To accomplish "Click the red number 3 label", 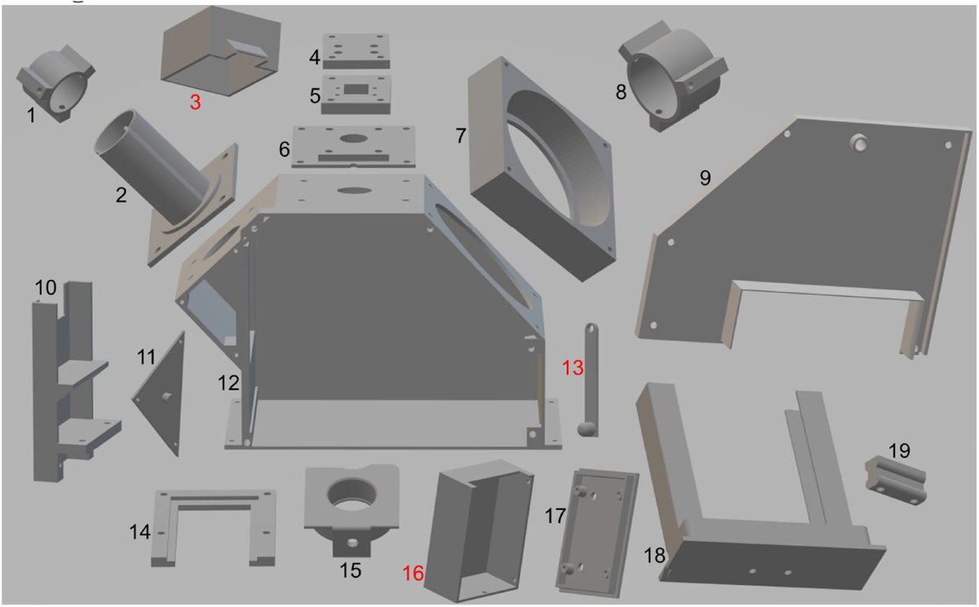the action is click(195, 102).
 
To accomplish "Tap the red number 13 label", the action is click(573, 368).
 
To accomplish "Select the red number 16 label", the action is click(413, 574).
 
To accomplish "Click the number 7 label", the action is click(461, 136).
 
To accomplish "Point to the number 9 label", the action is click(706, 178).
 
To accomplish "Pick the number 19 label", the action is click(899, 450).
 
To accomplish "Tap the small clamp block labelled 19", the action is click(896, 481).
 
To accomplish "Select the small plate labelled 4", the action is click(357, 51).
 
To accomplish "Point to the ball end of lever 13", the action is click(587, 429).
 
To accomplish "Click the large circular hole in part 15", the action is click(352, 494).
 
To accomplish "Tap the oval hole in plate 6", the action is click(353, 139).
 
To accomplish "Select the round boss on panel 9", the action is click(859, 143).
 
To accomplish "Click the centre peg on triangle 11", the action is click(166, 397).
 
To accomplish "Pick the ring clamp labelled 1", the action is click(56, 84).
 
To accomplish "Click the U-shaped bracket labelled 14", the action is click(214, 528).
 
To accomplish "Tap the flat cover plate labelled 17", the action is click(597, 534).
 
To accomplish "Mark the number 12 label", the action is click(228, 383).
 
